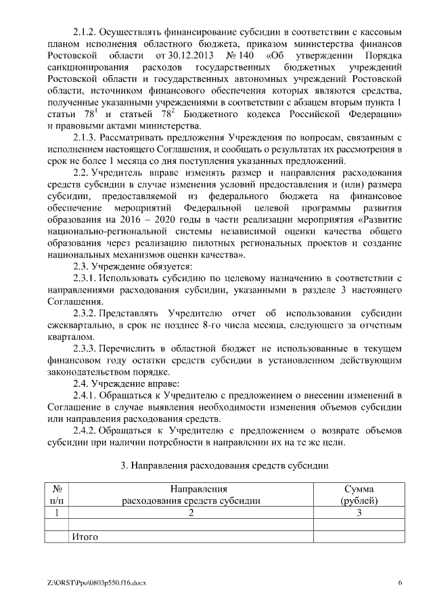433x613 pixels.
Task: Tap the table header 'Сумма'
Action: point(359,489)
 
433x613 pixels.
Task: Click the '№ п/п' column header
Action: point(58,495)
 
